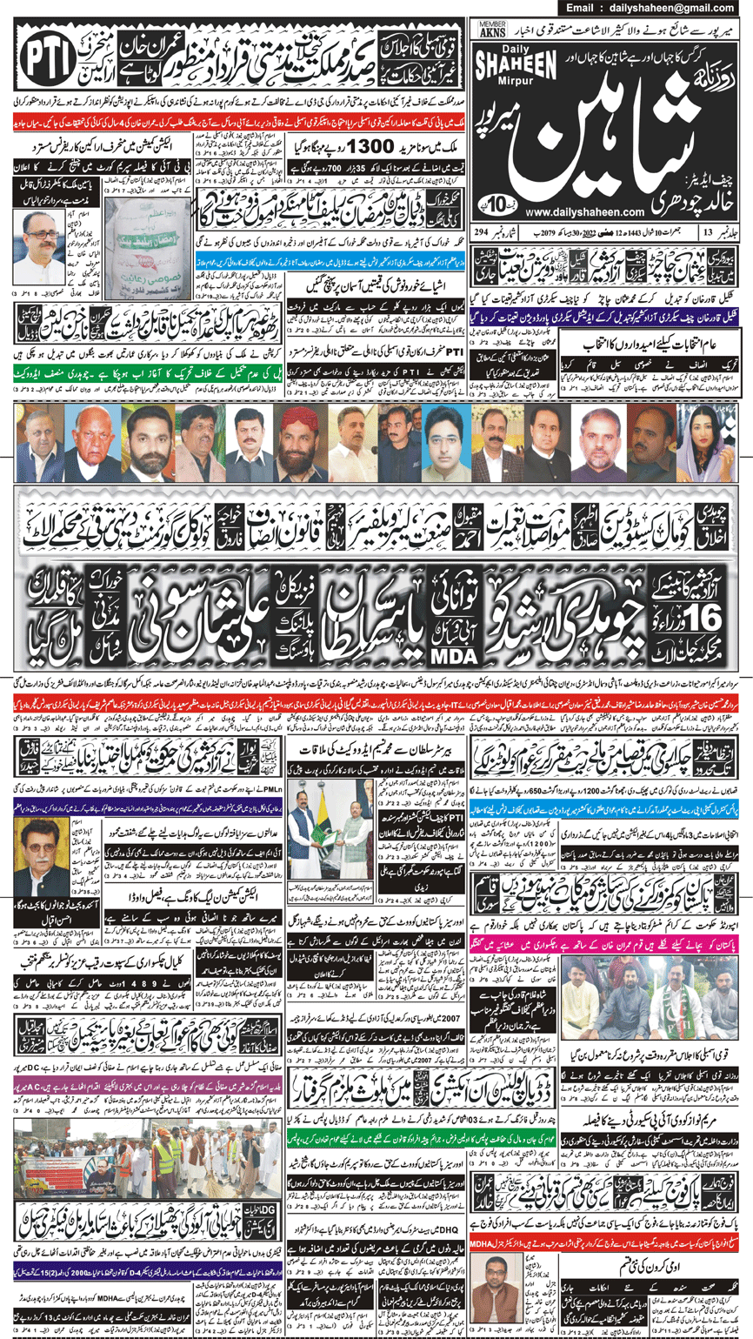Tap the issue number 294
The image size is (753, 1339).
click(x=481, y=231)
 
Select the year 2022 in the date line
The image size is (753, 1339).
click(x=591, y=231)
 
